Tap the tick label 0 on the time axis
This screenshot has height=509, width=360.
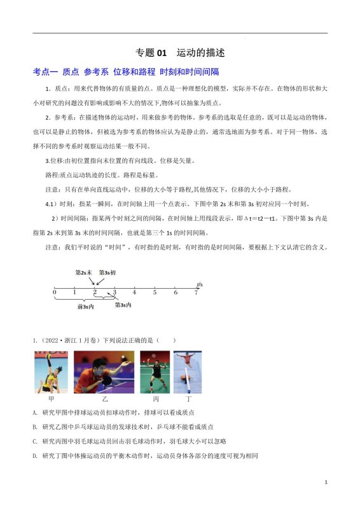[55, 292]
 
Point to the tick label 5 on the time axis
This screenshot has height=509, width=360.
[155, 292]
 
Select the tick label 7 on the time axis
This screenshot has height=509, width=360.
[196, 292]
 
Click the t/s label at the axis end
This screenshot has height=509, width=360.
[199, 283]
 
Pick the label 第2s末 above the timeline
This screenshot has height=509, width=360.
[84, 272]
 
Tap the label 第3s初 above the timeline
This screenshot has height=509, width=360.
[107, 272]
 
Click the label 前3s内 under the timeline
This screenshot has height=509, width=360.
[85, 306]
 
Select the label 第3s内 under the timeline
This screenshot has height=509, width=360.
[123, 305]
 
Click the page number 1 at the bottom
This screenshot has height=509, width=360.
[326, 483]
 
